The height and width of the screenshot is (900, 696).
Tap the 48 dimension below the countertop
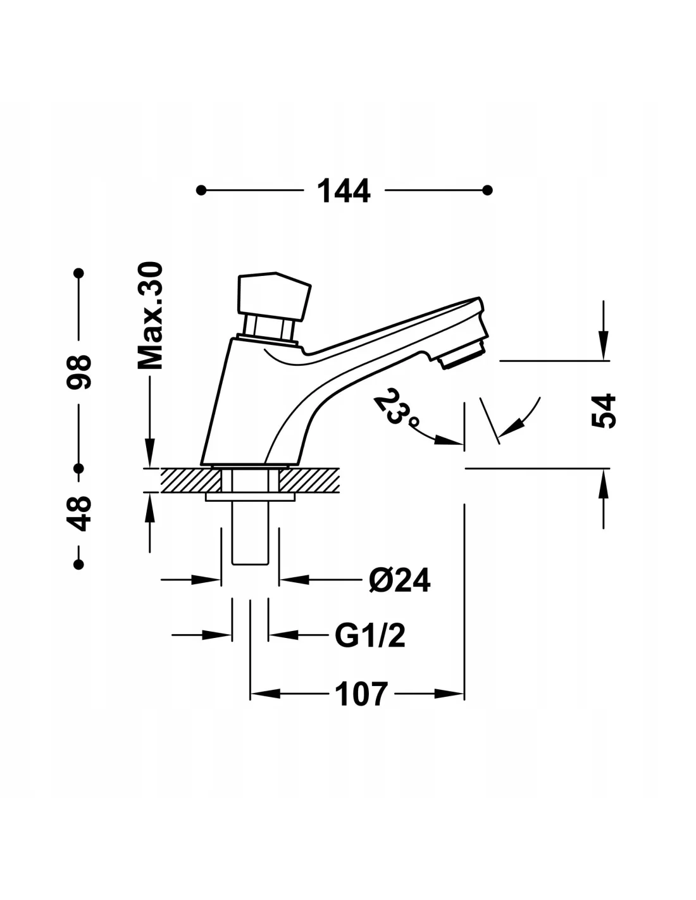pyautogui.click(x=81, y=514)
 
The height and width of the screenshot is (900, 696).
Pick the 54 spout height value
pyautogui.click(x=604, y=411)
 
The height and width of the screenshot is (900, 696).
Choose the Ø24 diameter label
pyautogui.click(x=399, y=579)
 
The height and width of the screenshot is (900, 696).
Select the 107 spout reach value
pyautogui.click(x=361, y=694)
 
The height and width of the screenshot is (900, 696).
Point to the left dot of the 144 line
pyautogui.click(x=201, y=190)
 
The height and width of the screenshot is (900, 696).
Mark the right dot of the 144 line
pyautogui.click(x=487, y=190)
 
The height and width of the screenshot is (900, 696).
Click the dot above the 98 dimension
pyautogui.click(x=79, y=273)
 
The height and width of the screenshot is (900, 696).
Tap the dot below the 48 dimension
pyautogui.click(x=79, y=564)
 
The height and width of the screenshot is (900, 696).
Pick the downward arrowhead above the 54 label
pyautogui.click(x=604, y=348)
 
